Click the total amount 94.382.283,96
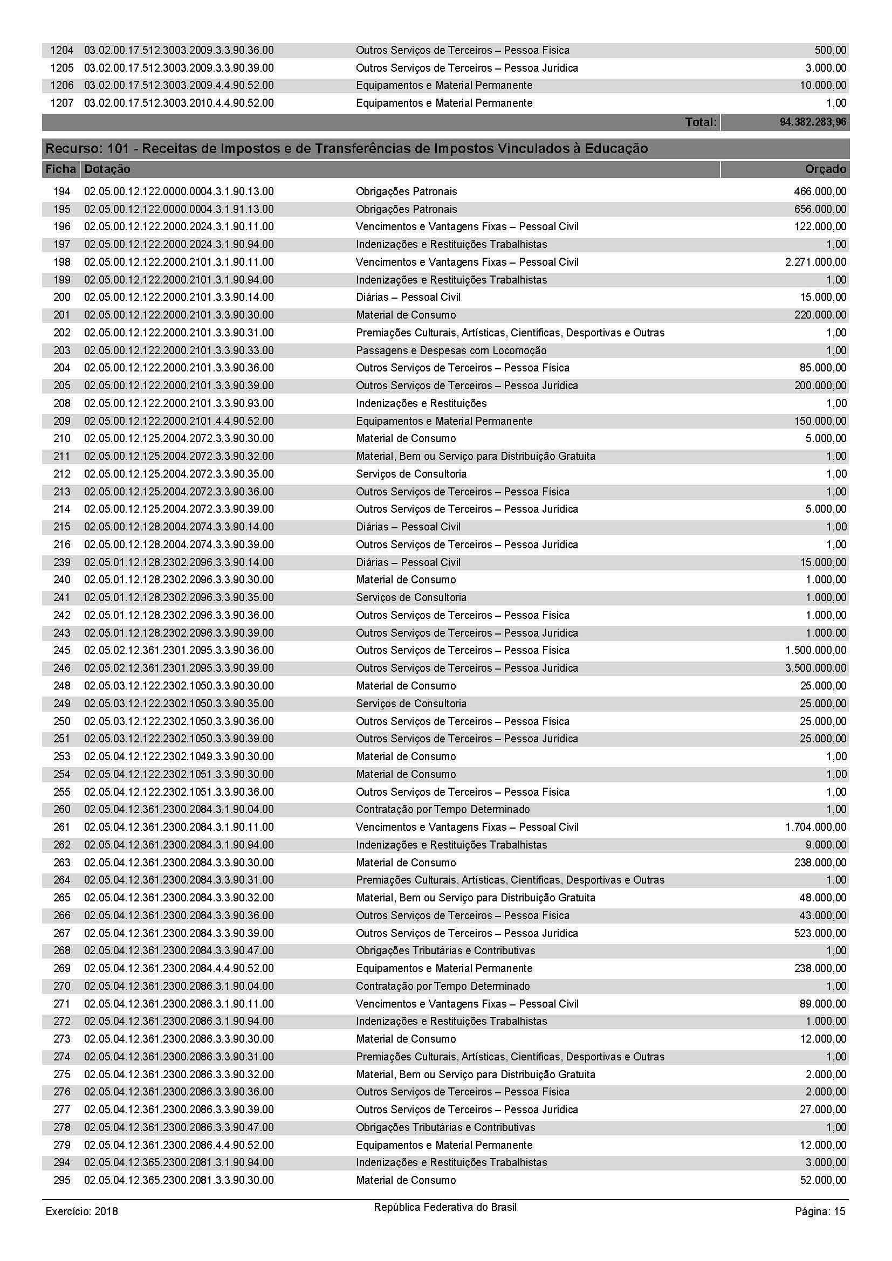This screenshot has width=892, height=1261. (813, 122)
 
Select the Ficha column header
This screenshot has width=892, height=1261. (60, 169)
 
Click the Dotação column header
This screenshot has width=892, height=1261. (108, 169)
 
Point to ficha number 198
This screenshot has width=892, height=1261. (62, 262)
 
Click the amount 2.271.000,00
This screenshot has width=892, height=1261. (815, 262)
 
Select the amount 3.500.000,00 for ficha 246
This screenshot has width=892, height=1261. (815, 668)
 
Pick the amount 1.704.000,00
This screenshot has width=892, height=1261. (815, 826)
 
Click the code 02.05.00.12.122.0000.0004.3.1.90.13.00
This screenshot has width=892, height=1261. (179, 192)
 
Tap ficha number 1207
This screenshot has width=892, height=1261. (61, 104)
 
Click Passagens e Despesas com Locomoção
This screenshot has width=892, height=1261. (451, 350)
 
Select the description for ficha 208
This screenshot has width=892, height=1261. (421, 403)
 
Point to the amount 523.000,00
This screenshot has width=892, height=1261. (820, 933)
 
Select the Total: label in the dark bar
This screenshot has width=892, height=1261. (701, 122)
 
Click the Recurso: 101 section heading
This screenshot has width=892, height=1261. (347, 149)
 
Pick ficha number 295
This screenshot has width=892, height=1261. (62, 1180)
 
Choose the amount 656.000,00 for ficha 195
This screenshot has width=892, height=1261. (820, 209)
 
